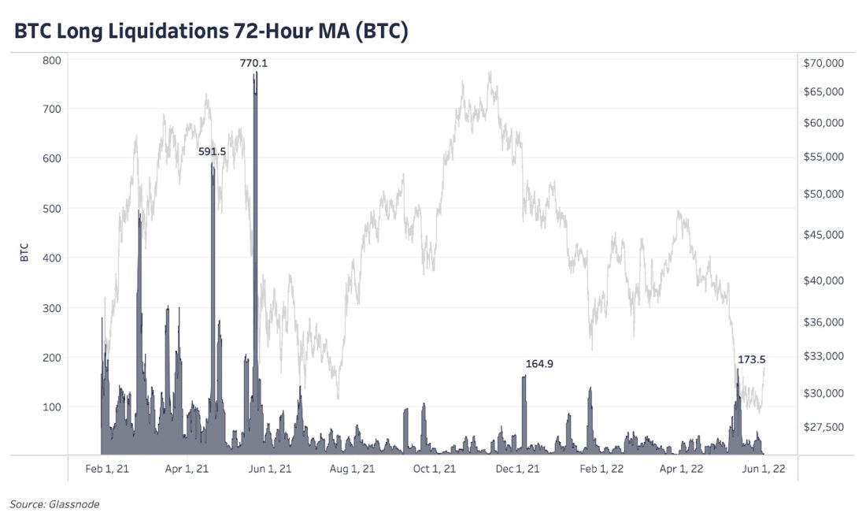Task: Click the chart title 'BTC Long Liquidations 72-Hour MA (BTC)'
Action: coord(210,32)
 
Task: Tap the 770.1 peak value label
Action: coord(254,63)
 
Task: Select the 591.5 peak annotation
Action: coord(213,151)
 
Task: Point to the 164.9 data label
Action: coord(539,364)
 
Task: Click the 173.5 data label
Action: coord(752,359)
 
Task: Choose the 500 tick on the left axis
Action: coord(52,208)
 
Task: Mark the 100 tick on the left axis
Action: coord(52,407)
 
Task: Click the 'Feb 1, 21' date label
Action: coord(107,469)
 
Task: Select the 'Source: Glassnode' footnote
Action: coord(54,504)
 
